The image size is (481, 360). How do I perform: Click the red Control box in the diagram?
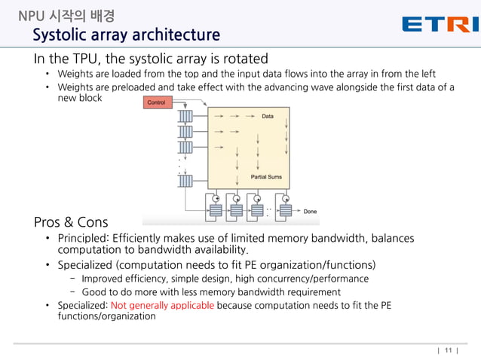[158, 102]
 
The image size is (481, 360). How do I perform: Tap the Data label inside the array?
[268, 117]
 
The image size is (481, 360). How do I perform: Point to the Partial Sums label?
[266, 177]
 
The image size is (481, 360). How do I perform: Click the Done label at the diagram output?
[310, 212]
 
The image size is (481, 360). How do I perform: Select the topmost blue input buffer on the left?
[185, 117]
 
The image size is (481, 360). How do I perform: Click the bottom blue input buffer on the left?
[185, 180]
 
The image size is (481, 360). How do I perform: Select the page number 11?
[449, 350]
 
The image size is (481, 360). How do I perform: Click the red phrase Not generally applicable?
[162, 306]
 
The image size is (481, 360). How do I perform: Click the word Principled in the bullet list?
[83, 239]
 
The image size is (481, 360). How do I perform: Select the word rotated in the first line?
[245, 59]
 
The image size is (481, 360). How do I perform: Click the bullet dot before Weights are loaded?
[47, 74]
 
